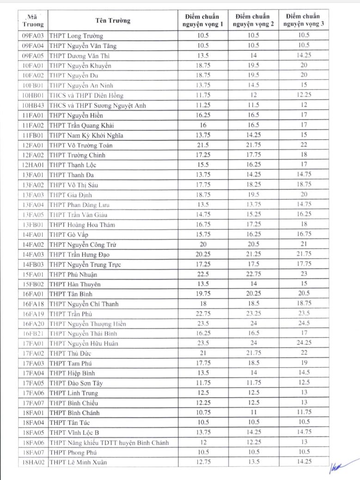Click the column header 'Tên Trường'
(113, 20)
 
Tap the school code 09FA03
(33, 36)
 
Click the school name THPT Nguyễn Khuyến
(80, 66)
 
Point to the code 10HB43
(33, 105)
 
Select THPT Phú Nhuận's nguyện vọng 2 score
(253, 274)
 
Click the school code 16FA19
(33, 314)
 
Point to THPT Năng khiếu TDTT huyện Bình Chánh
(109, 443)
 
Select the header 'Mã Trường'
(33, 21)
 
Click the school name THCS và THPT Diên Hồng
(86, 95)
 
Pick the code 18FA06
(33, 443)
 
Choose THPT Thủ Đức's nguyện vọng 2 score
(253, 353)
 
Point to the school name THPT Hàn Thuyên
(74, 284)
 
